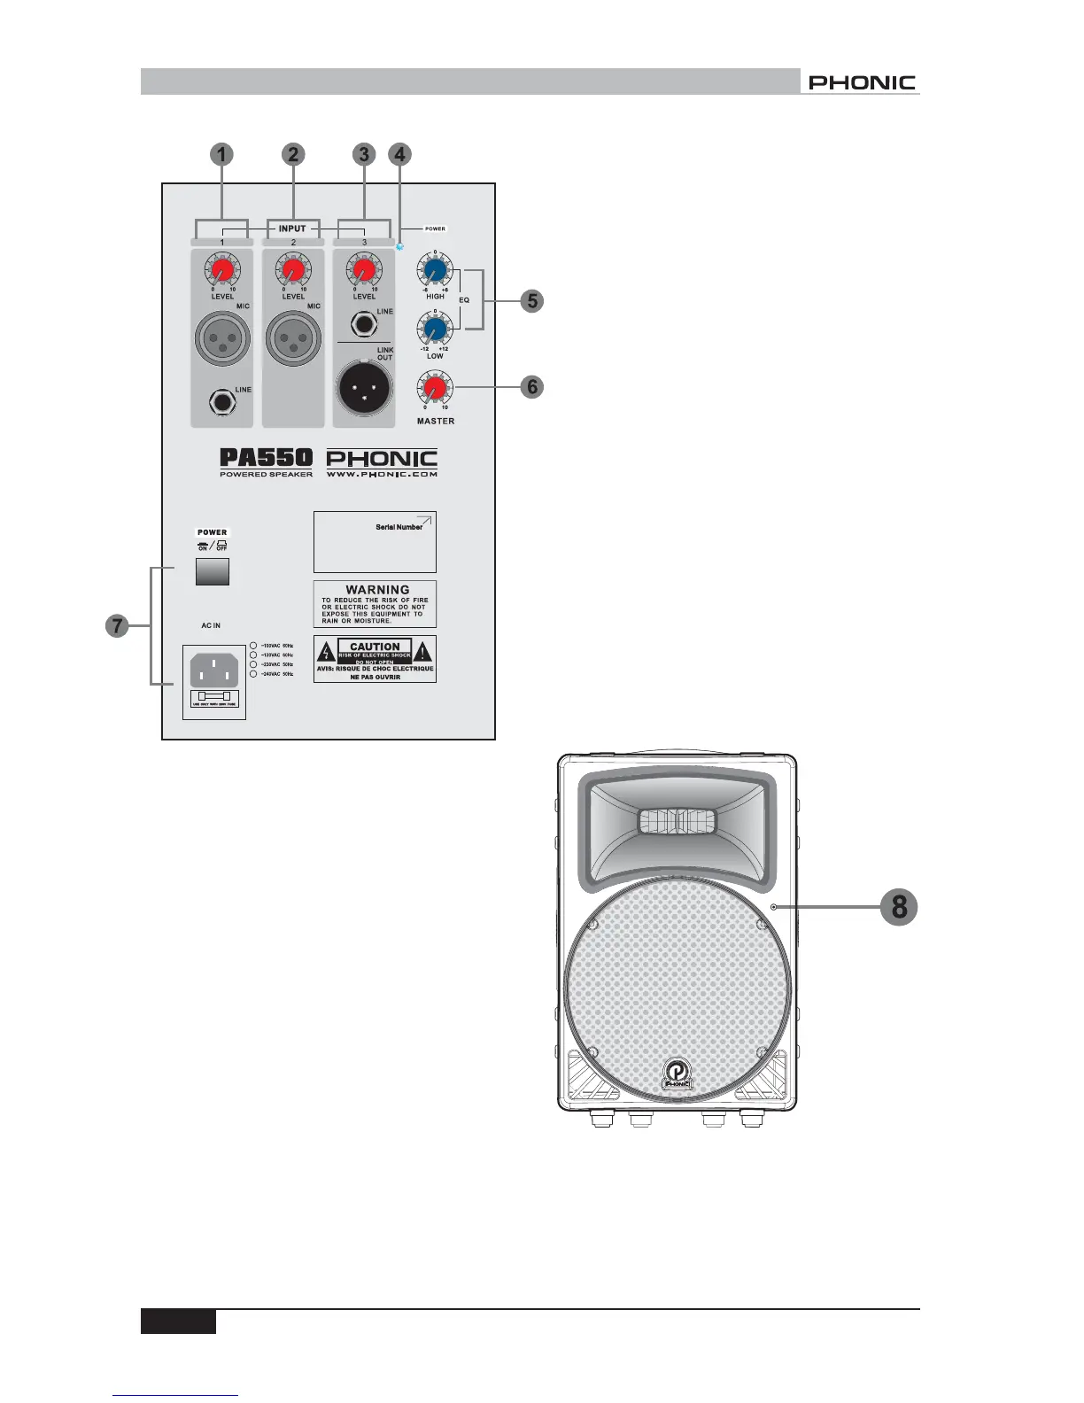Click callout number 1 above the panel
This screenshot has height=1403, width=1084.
[221, 154]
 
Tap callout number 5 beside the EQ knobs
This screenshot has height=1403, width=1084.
[532, 300]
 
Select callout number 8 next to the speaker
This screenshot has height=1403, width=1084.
[899, 907]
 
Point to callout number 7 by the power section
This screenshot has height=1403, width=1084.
[117, 626]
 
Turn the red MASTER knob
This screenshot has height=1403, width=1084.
[434, 388]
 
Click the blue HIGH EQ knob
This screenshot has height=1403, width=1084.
[435, 269]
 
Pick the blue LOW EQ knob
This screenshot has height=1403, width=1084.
[435, 329]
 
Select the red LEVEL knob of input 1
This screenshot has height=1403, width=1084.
[222, 269]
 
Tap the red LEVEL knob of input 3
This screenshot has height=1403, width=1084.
[364, 269]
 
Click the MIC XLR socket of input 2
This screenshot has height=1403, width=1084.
[293, 338]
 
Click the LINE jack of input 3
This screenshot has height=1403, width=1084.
[364, 325]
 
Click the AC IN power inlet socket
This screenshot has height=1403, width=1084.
[214, 670]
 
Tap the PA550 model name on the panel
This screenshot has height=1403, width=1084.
[266, 458]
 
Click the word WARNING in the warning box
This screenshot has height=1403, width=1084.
[377, 590]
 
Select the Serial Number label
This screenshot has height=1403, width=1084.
[399, 527]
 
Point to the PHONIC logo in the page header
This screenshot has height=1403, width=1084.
[862, 82]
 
